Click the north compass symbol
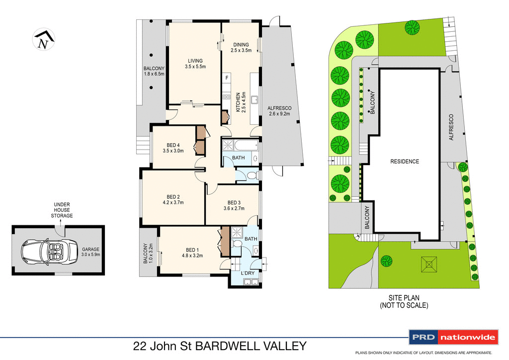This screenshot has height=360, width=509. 43,40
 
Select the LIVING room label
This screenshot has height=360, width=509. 195,61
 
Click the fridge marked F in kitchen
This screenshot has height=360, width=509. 227,78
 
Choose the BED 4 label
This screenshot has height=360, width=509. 173,145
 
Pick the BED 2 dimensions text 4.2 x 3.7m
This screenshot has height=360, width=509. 173,202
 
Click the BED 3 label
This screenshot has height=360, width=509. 234,202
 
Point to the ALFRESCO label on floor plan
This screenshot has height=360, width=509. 279,108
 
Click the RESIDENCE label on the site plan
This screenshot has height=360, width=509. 404,161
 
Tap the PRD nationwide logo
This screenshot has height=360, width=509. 453,338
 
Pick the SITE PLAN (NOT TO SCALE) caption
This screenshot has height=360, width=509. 404,302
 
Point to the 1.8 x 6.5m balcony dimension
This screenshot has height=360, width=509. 154,74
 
